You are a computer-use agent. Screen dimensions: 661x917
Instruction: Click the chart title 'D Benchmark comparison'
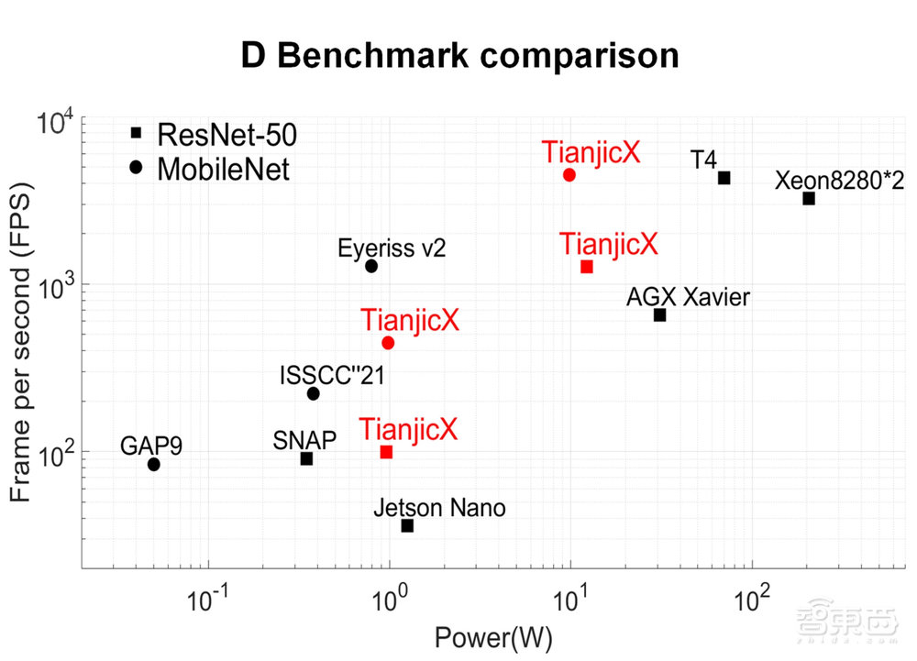(459, 55)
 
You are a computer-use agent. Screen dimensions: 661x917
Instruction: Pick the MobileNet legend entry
(211, 168)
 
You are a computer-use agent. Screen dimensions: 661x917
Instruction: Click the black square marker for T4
(724, 178)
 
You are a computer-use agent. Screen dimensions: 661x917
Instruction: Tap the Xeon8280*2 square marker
(809, 198)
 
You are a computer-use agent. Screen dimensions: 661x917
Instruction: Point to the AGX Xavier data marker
(659, 314)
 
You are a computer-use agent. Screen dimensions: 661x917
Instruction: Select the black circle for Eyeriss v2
(371, 266)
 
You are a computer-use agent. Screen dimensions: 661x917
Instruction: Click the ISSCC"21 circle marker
(314, 393)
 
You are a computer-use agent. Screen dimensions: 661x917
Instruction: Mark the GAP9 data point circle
(154, 464)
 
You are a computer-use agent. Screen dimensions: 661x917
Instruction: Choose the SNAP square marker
(307, 458)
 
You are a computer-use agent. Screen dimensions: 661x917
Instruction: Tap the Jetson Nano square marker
(407, 525)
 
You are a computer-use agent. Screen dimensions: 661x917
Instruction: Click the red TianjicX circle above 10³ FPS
(569, 174)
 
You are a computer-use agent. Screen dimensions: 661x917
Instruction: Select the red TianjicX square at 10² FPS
(386, 452)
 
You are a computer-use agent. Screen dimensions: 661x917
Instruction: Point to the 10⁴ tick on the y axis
(56, 121)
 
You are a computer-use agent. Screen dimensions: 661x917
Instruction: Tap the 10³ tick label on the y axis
(56, 286)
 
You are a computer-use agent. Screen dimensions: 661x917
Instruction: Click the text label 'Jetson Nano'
(439, 508)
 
